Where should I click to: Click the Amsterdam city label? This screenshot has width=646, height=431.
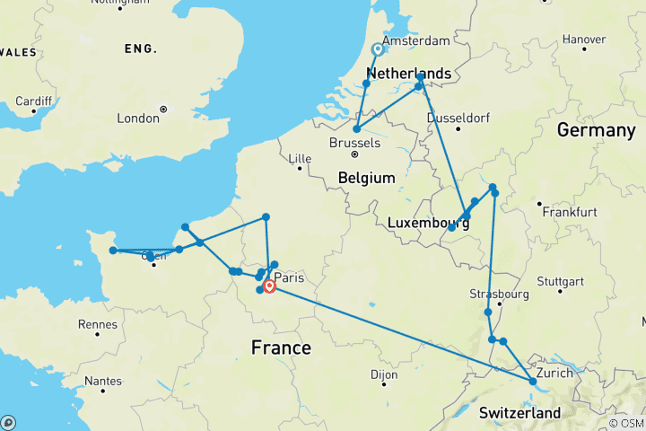(x=415, y=41)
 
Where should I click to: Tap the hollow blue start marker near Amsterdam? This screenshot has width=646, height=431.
(x=378, y=50)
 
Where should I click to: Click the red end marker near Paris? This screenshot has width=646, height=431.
(x=269, y=287)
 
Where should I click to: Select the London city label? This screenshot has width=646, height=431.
(x=138, y=118)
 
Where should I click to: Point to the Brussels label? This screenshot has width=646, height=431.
(x=354, y=144)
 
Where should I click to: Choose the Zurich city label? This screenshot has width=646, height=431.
(x=554, y=372)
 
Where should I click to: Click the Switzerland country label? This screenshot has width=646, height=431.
(x=519, y=413)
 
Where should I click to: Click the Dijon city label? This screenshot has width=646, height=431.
(x=384, y=374)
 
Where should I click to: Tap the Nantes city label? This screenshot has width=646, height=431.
(x=102, y=381)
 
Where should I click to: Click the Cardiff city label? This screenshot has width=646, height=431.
(x=34, y=100)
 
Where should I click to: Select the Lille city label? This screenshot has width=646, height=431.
(x=299, y=159)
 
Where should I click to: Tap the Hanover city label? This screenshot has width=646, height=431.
(x=583, y=40)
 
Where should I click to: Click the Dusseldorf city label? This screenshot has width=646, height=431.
(x=458, y=118)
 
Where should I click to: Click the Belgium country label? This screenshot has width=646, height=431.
(x=366, y=179)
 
